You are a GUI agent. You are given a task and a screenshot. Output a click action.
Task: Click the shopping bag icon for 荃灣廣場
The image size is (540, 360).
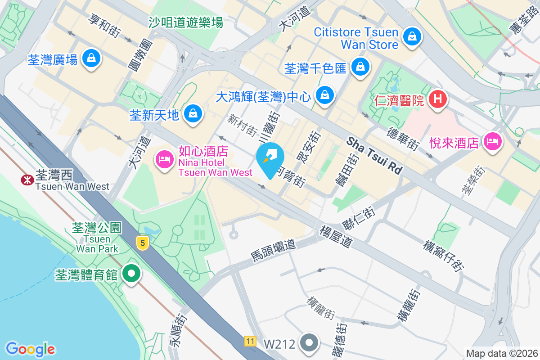coord(91,58)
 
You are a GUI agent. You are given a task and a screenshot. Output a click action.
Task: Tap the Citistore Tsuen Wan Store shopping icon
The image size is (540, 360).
coord(412,36)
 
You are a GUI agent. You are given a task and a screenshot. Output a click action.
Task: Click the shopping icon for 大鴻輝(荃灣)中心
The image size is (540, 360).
coord(324,95)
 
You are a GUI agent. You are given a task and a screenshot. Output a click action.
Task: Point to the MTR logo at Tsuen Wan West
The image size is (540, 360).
coord(27,180)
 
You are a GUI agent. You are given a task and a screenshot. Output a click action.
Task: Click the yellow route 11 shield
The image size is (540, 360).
coord(250,341)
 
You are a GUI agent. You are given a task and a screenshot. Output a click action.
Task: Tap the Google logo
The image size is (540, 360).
coord(31,349)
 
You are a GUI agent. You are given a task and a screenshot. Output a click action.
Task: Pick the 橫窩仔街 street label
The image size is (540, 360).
coord(443,256)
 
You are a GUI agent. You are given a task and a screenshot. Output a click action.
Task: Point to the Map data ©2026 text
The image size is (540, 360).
coord(501,353)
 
